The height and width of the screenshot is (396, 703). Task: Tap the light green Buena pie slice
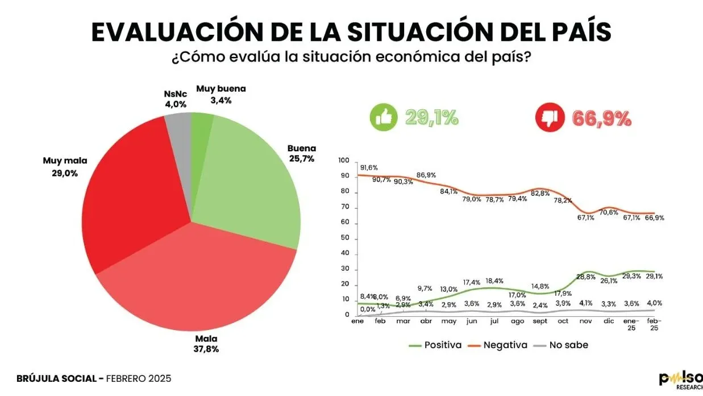250,182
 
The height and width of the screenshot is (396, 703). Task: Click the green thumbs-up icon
384,118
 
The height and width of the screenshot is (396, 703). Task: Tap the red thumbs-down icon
550,118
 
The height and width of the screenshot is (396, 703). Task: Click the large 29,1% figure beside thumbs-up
432,118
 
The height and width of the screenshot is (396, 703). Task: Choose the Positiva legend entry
435,345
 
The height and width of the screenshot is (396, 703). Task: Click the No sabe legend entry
563,345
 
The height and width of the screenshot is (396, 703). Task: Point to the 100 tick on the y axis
343,161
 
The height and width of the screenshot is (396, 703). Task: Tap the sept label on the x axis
540,321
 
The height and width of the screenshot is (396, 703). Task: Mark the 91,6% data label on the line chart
368,167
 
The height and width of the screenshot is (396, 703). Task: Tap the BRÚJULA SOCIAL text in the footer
59,378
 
